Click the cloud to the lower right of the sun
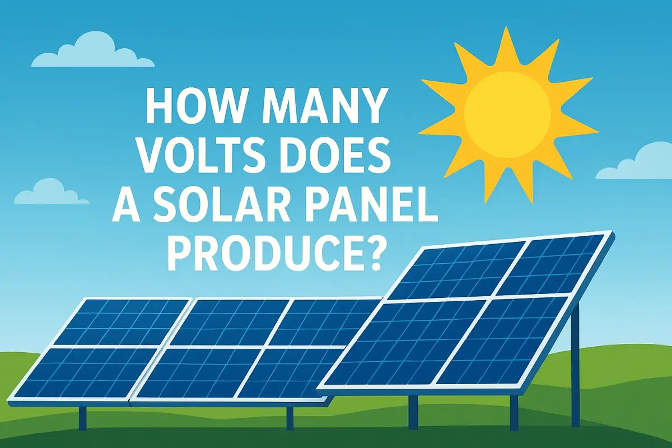[x=638, y=162]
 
